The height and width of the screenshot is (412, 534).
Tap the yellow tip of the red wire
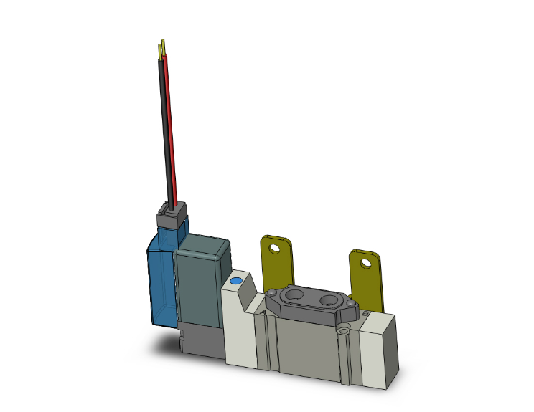click(164, 46)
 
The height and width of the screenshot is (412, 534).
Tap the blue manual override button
click(236, 281)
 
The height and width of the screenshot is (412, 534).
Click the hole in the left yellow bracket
click(274, 249)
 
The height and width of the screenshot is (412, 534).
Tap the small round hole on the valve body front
click(345, 331)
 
